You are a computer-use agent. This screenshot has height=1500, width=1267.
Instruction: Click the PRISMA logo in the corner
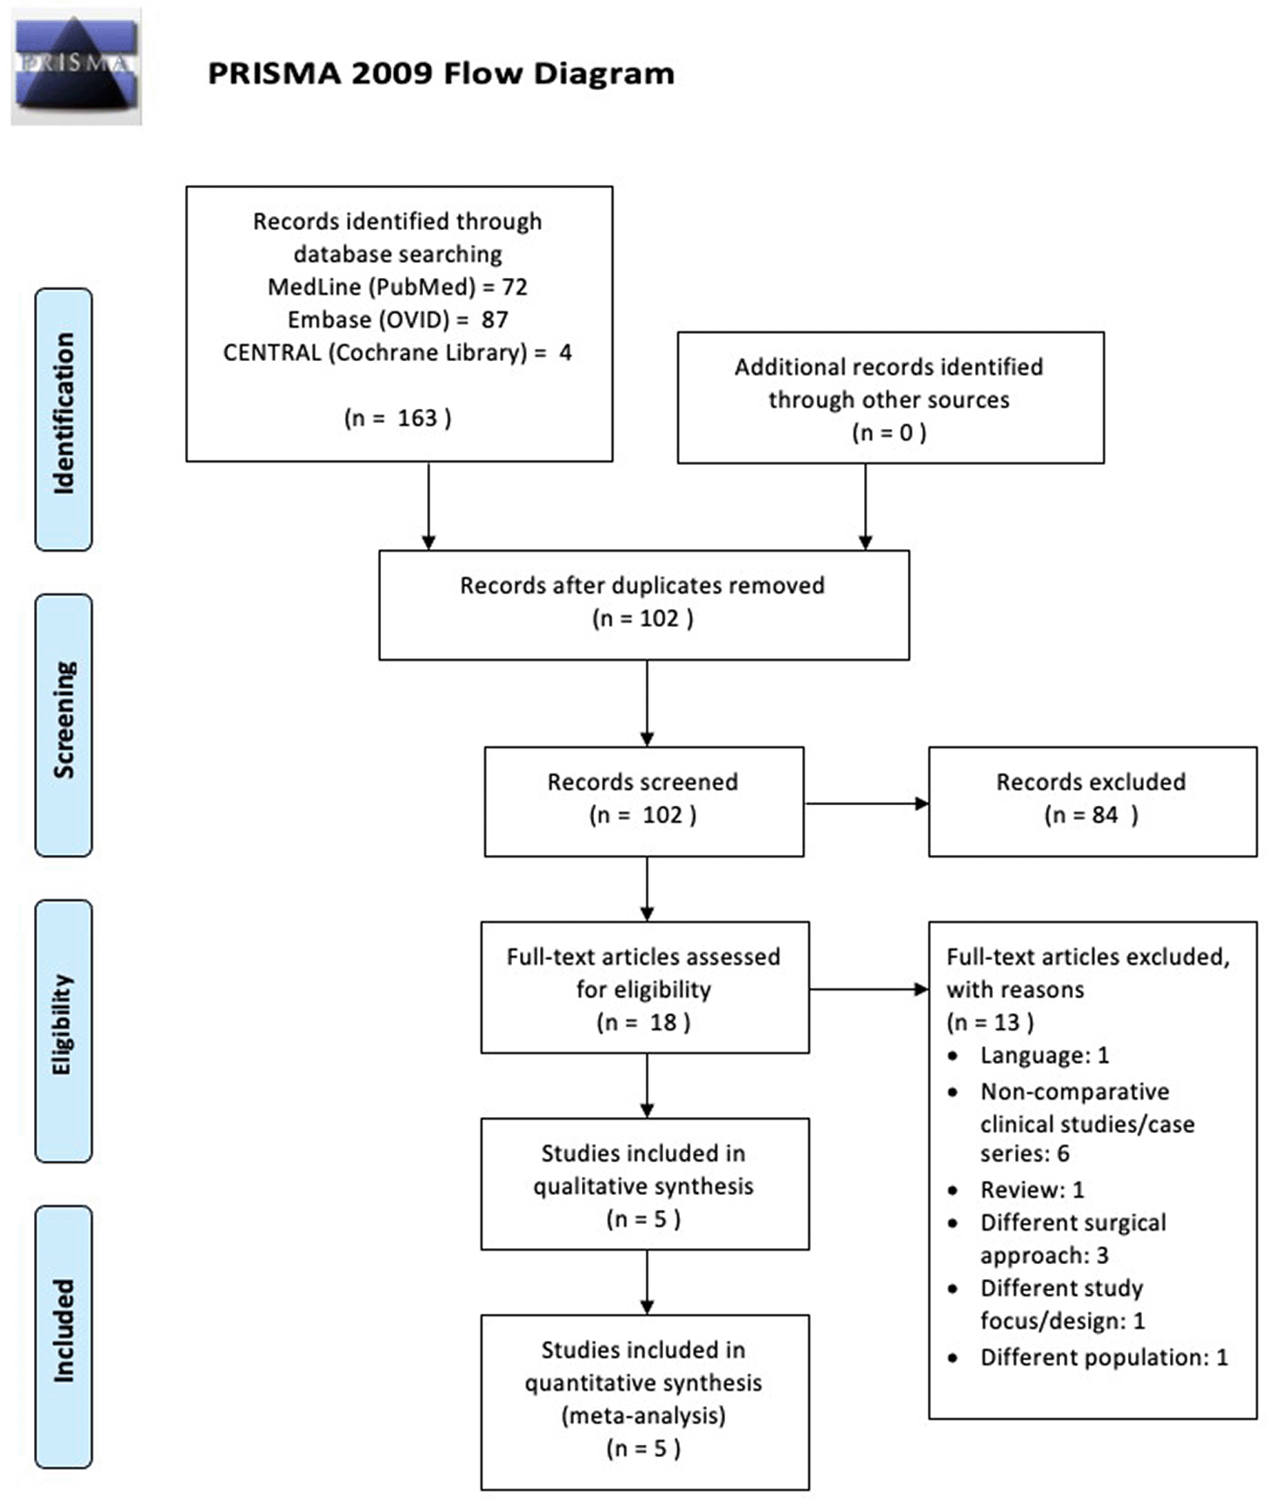pos(76,67)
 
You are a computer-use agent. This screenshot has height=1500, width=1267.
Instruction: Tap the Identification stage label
pos(64,419)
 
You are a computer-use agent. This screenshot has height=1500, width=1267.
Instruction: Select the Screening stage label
pos(64,725)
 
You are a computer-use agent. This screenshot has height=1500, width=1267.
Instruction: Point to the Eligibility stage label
pos(64,1031)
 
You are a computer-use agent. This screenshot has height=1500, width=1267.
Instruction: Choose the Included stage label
pos(64,1337)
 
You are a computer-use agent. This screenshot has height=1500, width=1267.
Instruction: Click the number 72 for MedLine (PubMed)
pos(515,287)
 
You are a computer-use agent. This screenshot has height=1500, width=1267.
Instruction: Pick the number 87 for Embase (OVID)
pos(495,320)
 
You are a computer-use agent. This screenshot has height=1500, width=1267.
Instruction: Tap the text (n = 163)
pos(398,418)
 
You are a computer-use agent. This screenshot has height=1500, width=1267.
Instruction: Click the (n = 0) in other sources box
pos(889,432)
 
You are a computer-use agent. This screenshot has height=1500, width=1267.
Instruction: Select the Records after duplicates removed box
pos(644,605)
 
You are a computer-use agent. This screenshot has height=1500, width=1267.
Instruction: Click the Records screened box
pos(644,802)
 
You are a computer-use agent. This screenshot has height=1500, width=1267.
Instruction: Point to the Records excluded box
pos(1092,802)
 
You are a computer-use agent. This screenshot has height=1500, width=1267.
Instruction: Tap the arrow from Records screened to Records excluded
pos(866,803)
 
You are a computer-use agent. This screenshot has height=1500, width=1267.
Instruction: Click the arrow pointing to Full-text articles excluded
pos(869,990)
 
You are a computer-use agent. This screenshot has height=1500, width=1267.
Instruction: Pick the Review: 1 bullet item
pos(1017,1190)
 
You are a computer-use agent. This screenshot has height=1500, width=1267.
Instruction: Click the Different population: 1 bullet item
pos(1089,1358)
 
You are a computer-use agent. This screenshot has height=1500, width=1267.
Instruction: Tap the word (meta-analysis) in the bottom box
pos(643,1415)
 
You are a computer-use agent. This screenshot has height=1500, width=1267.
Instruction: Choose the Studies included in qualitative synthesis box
pos(645,1184)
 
